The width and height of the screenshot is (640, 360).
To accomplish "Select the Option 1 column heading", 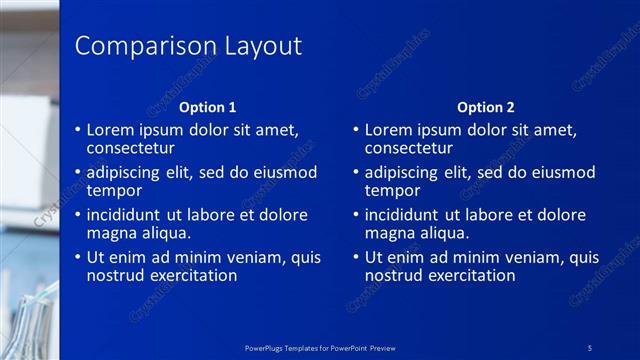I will click(x=207, y=107).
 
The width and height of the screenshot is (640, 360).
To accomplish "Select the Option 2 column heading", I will click(x=485, y=107).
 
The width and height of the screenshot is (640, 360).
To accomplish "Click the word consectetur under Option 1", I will click(x=131, y=148).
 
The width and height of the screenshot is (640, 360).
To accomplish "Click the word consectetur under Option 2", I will click(x=409, y=148).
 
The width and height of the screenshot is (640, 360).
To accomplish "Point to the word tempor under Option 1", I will click(x=114, y=190).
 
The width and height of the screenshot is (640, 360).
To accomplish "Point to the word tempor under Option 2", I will click(x=392, y=190).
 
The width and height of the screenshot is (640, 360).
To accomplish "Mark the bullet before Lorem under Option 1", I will click(x=77, y=130).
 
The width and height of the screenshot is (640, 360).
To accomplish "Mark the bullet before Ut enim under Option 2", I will click(x=355, y=257).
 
